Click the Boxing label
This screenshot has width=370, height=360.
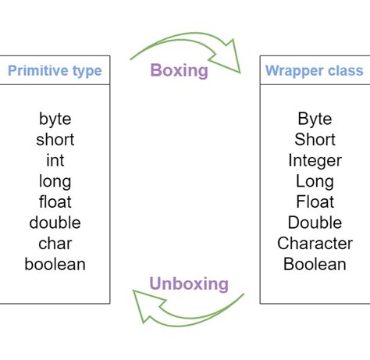pyautogui.click(x=179, y=71)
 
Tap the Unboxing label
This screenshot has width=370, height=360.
pyautogui.click(x=189, y=283)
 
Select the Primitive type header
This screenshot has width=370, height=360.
pyautogui.click(x=55, y=71)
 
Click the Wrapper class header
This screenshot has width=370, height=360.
pyautogui.click(x=314, y=71)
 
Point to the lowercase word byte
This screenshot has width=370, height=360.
pyautogui.click(x=55, y=119)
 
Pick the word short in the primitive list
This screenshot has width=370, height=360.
pyautogui.click(x=55, y=140)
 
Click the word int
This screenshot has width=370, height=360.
pyautogui.click(x=55, y=160)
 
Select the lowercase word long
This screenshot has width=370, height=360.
pyautogui.click(x=55, y=181)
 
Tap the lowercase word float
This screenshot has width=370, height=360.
pyautogui.click(x=55, y=201)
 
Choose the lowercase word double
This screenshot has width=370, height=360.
pyautogui.click(x=55, y=223)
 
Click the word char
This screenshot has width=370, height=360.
pyautogui.click(x=55, y=243)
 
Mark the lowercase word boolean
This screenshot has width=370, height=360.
pyautogui.click(x=55, y=264)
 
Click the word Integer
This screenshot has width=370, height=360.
pyautogui.click(x=315, y=160)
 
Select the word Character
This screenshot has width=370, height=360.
pyautogui.click(x=315, y=243)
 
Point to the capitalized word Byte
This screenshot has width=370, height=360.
pyautogui.click(x=315, y=119)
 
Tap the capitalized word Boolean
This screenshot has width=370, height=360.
pyautogui.click(x=315, y=264)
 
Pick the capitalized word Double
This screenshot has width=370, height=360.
pyautogui.click(x=315, y=223)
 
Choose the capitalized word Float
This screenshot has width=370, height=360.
pyautogui.click(x=315, y=201)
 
